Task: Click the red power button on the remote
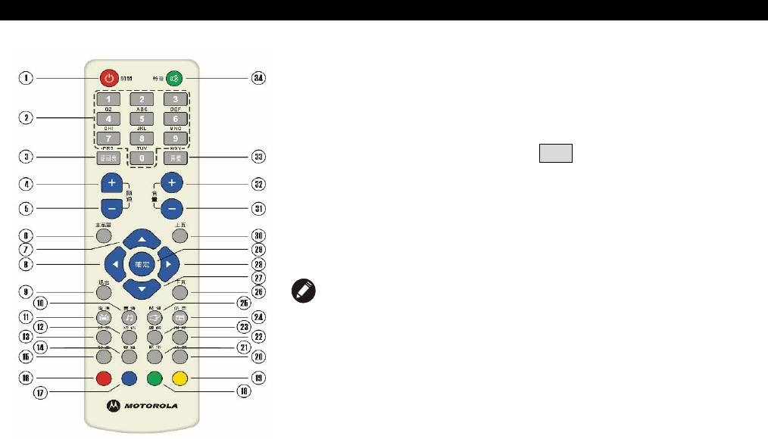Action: tap(110, 78)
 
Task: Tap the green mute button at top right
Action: tap(175, 78)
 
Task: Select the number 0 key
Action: tap(142, 157)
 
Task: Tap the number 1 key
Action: tap(109, 100)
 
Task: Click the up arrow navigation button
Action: tap(142, 240)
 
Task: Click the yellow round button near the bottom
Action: tap(180, 377)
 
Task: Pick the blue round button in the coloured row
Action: tap(129, 377)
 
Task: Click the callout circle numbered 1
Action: tap(27, 78)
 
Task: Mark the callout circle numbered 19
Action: tap(258, 377)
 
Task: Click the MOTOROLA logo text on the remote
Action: tap(148, 406)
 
